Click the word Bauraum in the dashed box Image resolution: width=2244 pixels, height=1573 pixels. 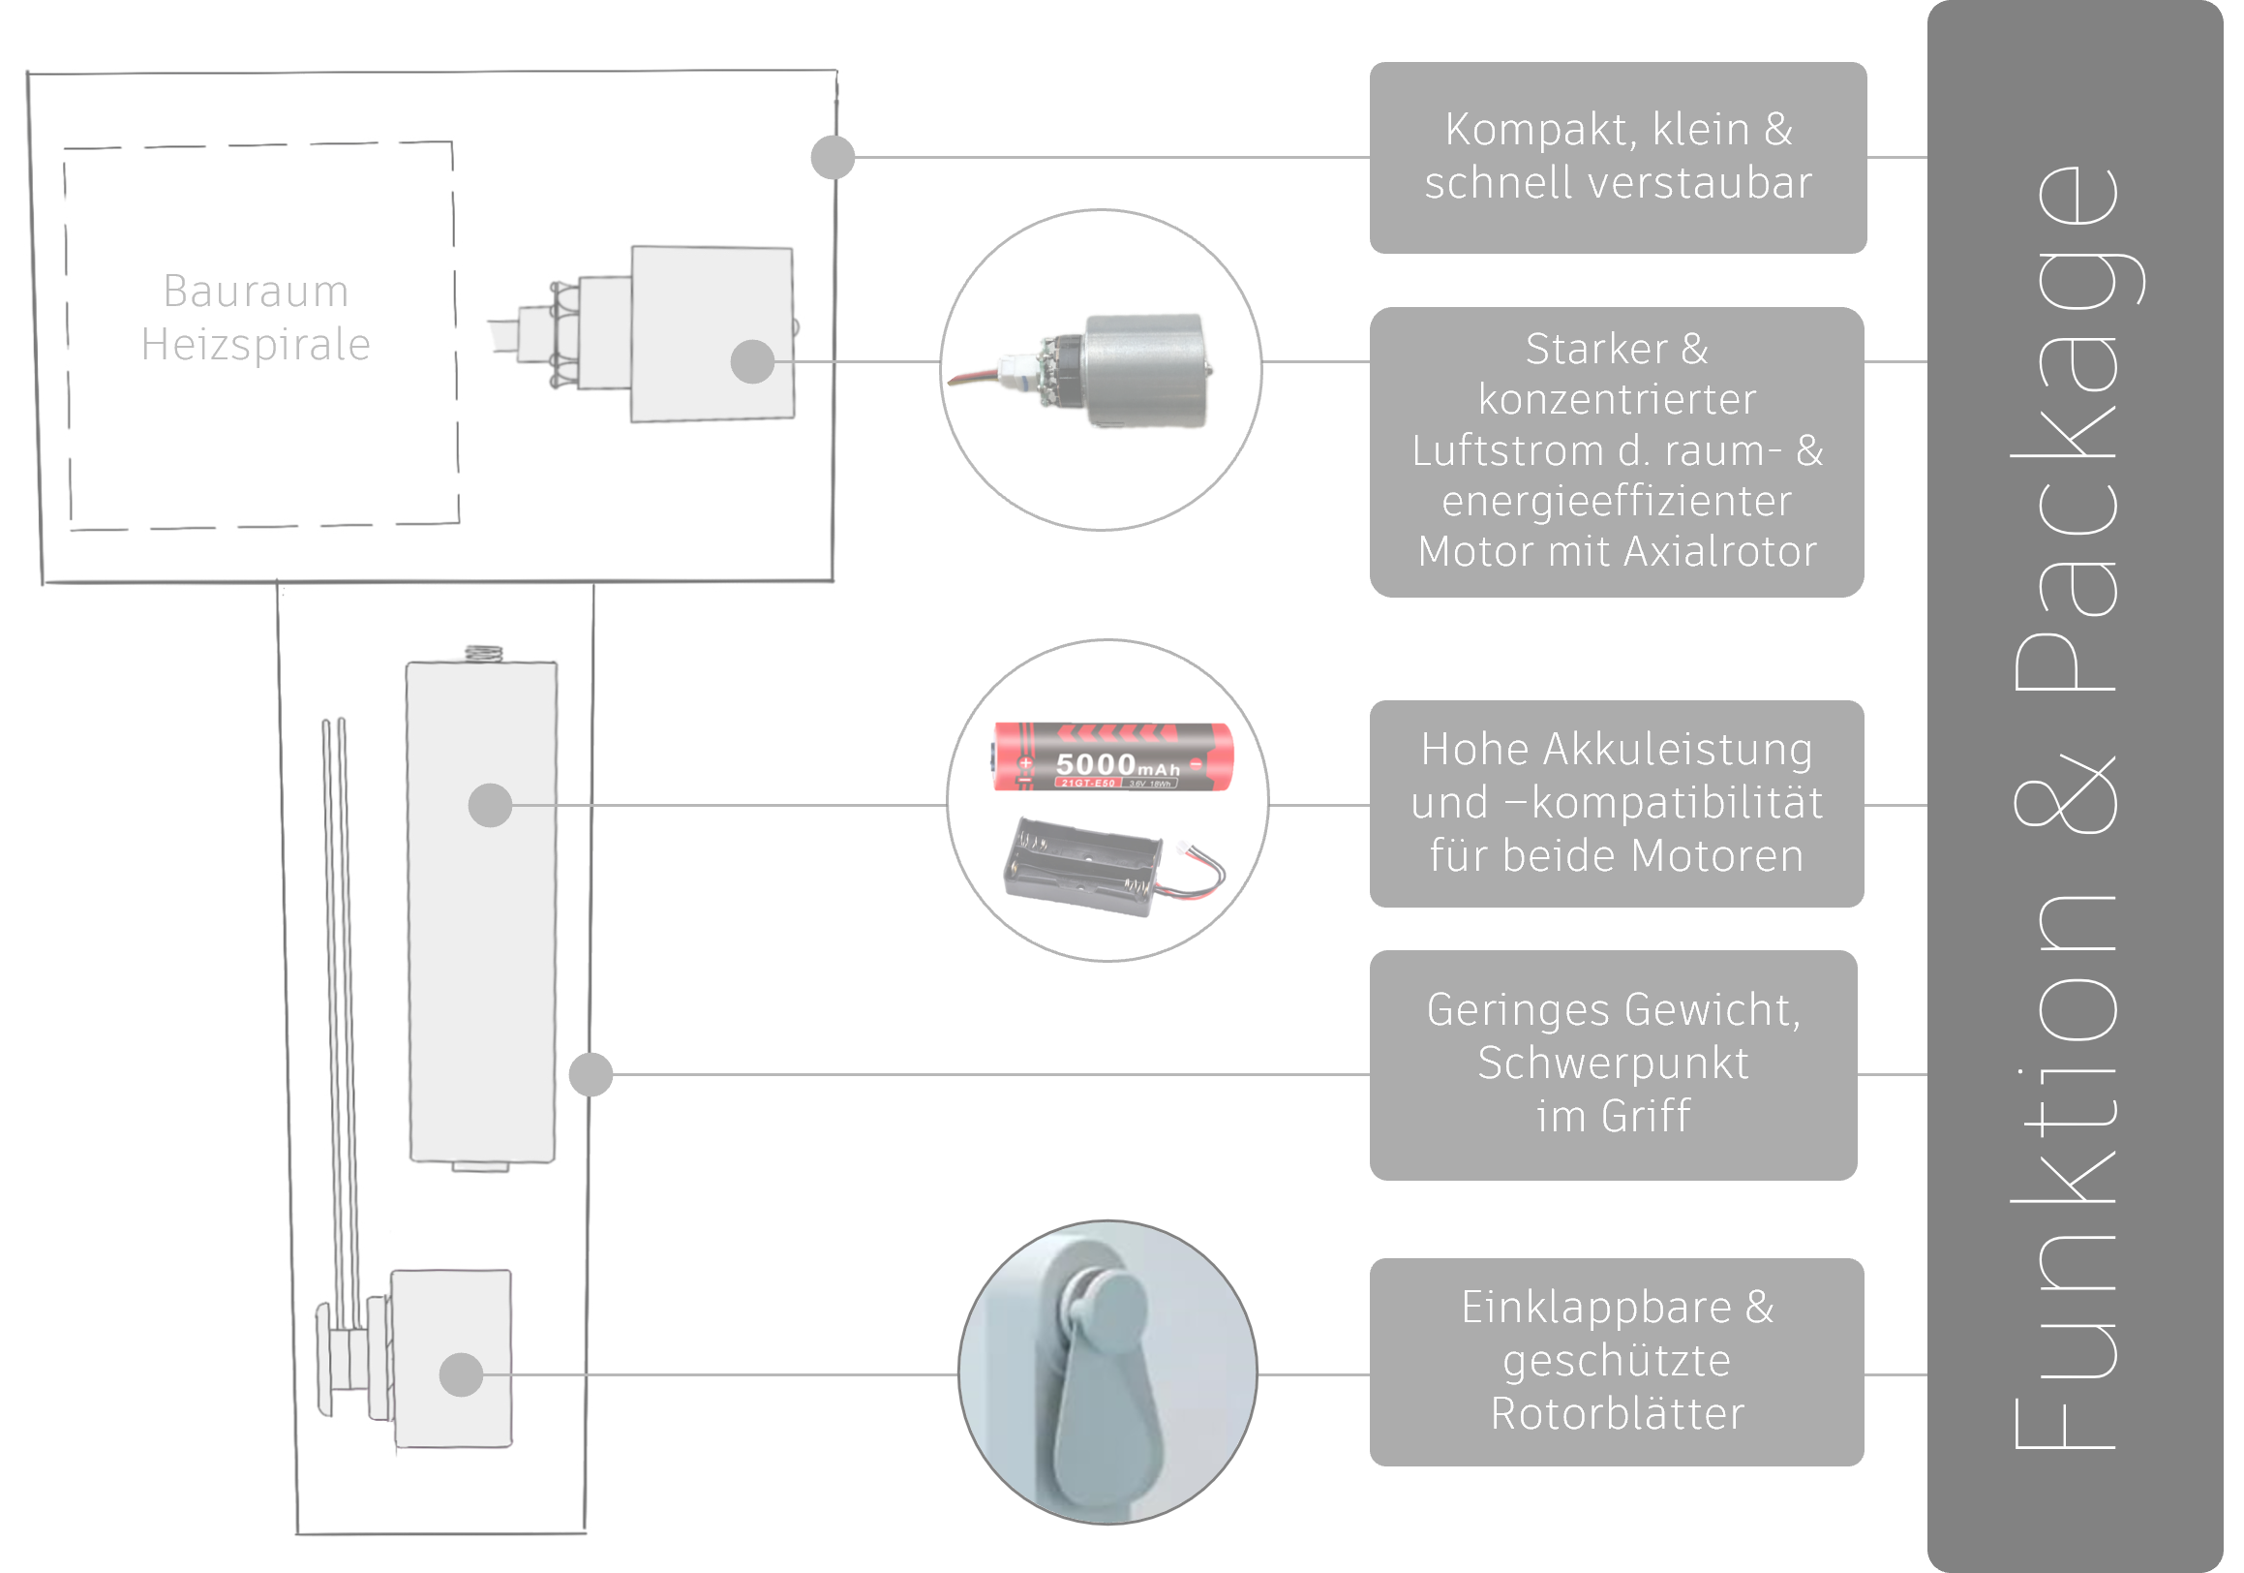pyautogui.click(x=256, y=292)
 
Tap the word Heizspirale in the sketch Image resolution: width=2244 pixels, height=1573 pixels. pyautogui.click(x=256, y=345)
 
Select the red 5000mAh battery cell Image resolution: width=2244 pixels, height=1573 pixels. pyautogui.click(x=1114, y=756)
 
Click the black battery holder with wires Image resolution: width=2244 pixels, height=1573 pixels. pyautogui.click(x=1095, y=864)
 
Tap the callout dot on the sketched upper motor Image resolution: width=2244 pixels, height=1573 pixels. pyautogui.click(x=752, y=361)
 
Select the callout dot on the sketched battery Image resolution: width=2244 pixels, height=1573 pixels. pyautogui.click(x=491, y=806)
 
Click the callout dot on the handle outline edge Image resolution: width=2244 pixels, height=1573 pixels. pyautogui.click(x=591, y=1074)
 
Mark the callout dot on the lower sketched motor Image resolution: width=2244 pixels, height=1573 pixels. pyautogui.click(x=462, y=1374)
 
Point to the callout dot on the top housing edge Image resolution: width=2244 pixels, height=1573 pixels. pyautogui.click(x=833, y=158)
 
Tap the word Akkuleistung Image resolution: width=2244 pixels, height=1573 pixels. pyautogui.click(x=1677, y=750)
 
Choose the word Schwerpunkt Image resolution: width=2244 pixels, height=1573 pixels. pyautogui.click(x=1613, y=1063)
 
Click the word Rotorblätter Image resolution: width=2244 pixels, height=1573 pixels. pyautogui.click(x=1618, y=1413)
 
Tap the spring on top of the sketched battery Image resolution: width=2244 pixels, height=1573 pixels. pyautogui.click(x=482, y=653)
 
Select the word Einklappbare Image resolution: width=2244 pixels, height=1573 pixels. pyautogui.click(x=1596, y=1307)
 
